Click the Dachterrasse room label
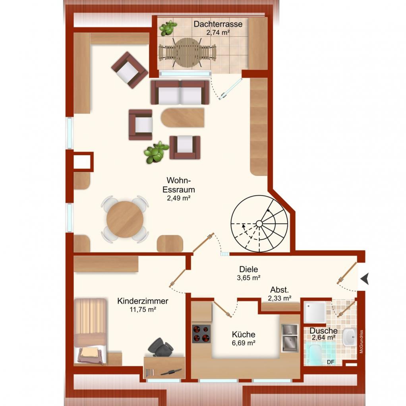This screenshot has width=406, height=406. click(218, 24)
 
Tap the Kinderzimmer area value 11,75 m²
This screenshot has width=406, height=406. click(143, 309)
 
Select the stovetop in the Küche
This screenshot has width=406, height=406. click(201, 334)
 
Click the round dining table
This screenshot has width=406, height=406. click(125, 219)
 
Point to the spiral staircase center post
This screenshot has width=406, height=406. click(259, 223)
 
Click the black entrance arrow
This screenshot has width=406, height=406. click(364, 279)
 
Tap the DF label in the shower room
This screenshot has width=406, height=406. click(331, 362)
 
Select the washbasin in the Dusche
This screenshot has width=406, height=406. click(349, 337)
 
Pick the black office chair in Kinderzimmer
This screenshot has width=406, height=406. click(160, 347)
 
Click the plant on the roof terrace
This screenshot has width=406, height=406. click(168, 28)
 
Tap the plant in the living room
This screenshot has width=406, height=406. click(156, 152)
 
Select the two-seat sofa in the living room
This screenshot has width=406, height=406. click(180, 93)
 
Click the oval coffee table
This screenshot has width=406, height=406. click(183, 118)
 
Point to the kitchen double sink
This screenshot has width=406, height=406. click(290, 338)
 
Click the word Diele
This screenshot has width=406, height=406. click(249, 269)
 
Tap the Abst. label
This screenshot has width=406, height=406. click(279, 290)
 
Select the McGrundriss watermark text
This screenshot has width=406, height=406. click(362, 342)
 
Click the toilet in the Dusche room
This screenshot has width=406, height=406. click(313, 354)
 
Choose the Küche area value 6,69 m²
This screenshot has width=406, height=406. click(244, 343)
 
